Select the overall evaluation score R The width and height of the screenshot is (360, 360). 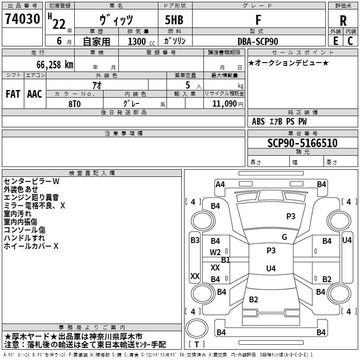coord(343,20)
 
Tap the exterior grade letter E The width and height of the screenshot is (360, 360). coord(335,40)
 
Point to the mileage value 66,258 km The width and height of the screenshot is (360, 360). coord(48,64)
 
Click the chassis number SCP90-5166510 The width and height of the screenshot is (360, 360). coord(302,143)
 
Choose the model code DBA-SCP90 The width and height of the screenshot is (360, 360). coord(258,41)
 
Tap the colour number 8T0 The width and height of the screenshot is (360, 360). coord(75,103)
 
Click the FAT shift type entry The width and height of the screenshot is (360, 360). coord(13,94)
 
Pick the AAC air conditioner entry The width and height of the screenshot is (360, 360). coord(35,94)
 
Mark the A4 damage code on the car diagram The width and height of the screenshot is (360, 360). coord(220,184)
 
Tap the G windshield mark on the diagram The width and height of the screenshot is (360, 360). coord(284,237)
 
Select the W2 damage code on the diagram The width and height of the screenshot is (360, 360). coord(216,252)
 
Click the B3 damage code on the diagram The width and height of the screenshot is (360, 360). coord(195,240)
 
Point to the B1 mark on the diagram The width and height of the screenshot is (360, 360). coord(225,260)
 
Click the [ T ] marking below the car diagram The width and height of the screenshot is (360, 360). coord(197,344)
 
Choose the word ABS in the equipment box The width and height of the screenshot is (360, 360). coord(258,121)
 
